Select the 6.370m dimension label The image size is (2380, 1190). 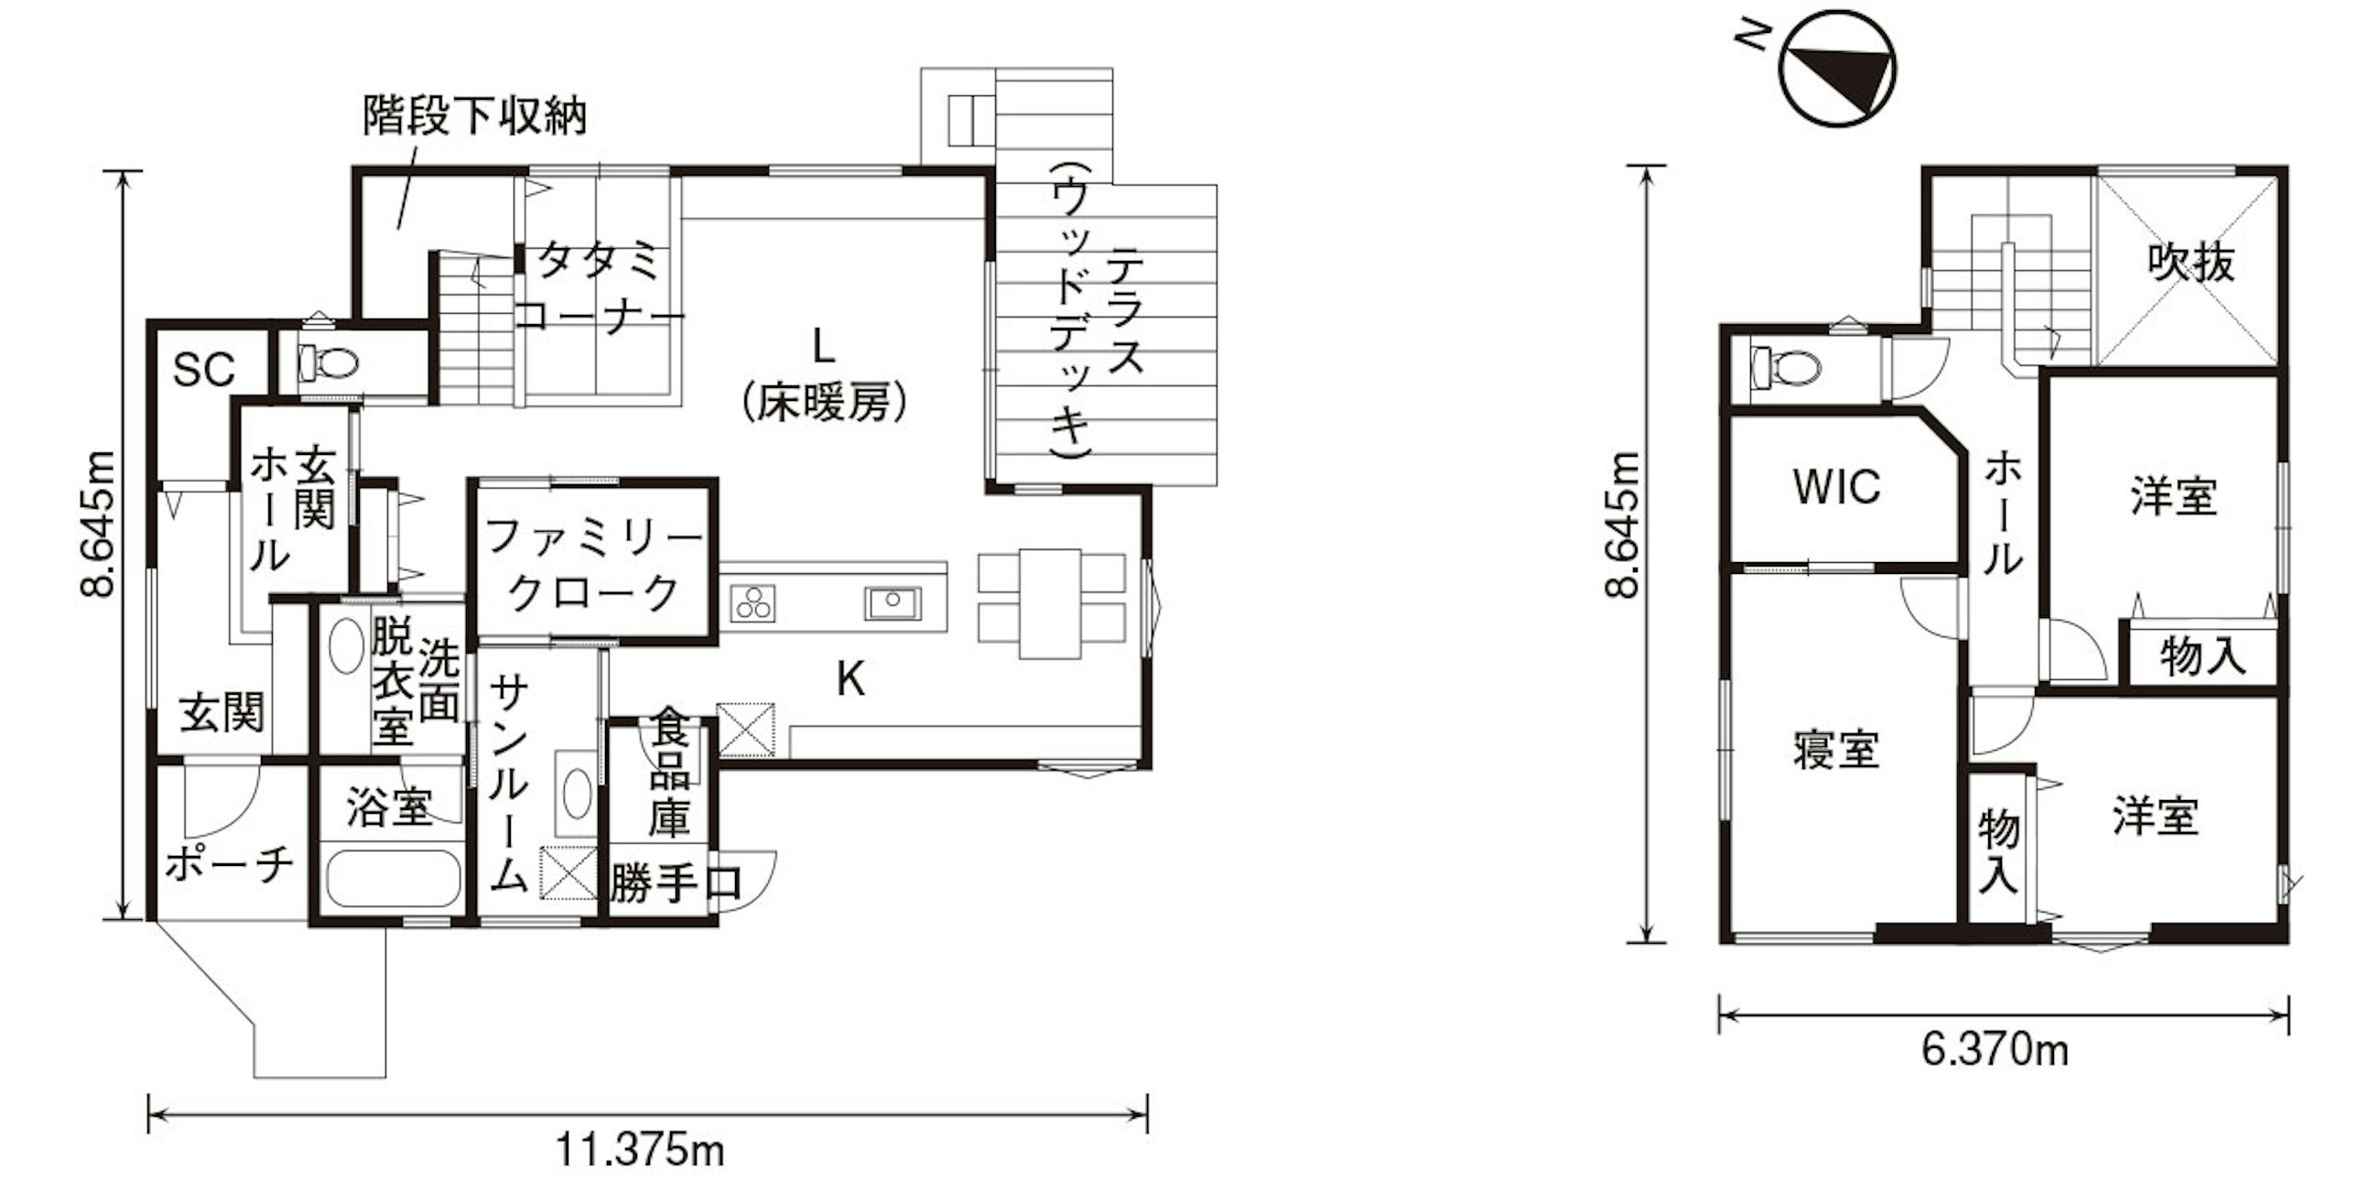1995,1051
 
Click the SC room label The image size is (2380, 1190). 204,370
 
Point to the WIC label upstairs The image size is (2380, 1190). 1837,487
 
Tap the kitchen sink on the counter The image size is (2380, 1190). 892,603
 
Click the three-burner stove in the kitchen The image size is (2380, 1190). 753,604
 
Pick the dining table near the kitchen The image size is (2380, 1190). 1051,603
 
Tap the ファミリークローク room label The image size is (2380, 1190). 593,565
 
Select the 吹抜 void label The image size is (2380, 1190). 2191,264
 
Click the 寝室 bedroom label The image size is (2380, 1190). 1837,750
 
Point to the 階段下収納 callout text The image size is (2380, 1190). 475,116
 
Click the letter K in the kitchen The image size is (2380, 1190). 850,680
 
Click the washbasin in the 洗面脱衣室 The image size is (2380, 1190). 346,646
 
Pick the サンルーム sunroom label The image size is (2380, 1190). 509,784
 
